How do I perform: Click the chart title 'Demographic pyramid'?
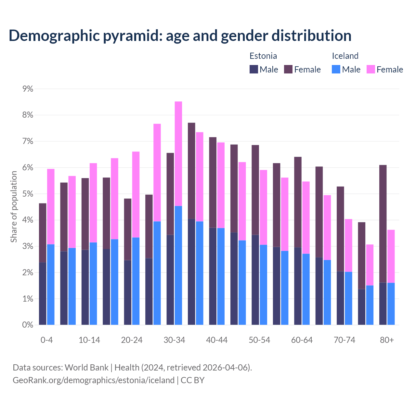[x=180, y=35]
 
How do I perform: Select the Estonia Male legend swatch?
[x=254, y=69]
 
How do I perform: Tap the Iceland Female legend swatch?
[x=371, y=69]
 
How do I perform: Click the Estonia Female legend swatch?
[x=288, y=69]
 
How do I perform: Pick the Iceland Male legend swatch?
[x=336, y=69]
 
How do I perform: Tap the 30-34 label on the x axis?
[x=174, y=340]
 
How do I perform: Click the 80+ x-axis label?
[x=387, y=340]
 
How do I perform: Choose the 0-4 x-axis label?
[x=46, y=340]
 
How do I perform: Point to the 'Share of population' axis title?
[x=14, y=207]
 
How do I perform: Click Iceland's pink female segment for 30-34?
[x=178, y=153]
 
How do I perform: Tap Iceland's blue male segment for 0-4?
[x=51, y=284]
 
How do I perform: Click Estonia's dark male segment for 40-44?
[x=213, y=276]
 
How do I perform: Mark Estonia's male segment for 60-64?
[x=298, y=286]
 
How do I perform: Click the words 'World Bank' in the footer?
[x=86, y=368]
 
